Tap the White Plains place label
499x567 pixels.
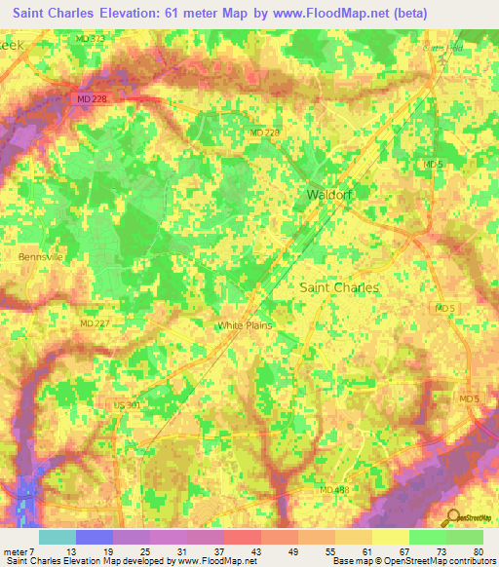(x=245, y=325)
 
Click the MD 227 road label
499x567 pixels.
(x=94, y=323)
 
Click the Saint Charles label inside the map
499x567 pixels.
(x=338, y=287)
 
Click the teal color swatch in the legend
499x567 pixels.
(x=57, y=536)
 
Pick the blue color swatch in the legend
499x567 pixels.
(x=94, y=536)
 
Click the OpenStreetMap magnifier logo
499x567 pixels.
(x=453, y=517)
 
